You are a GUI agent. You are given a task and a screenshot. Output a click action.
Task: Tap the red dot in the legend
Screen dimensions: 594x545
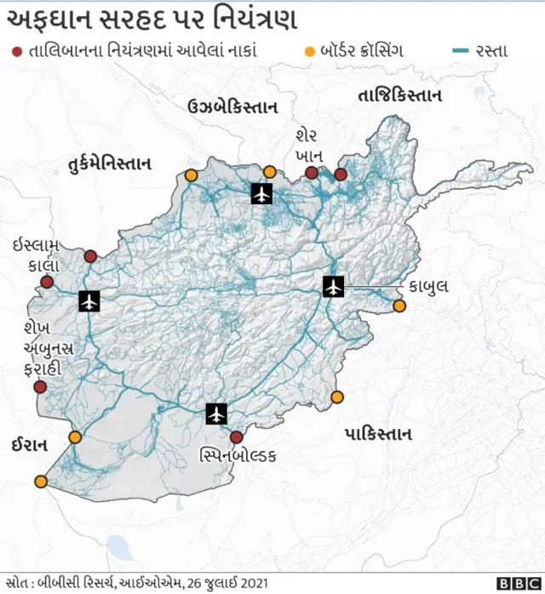pos(16,51)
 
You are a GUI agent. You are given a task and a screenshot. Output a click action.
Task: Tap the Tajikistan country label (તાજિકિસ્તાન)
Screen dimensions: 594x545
pos(401,95)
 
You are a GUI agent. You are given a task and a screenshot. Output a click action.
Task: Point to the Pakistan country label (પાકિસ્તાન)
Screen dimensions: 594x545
pos(379,434)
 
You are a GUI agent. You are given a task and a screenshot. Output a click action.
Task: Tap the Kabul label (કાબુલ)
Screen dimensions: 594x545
pos(427,286)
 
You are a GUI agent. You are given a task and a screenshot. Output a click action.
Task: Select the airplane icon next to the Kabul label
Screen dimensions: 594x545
pos(333,287)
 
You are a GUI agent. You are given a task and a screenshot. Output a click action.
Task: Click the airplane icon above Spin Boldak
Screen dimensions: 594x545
pos(217,414)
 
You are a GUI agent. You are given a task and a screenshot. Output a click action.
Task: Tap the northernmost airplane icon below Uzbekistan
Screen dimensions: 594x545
pos(261,194)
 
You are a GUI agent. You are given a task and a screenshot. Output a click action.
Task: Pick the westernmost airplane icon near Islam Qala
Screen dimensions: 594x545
pos(89,300)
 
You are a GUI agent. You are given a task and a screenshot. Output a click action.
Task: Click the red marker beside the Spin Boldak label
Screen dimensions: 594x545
pos(236,437)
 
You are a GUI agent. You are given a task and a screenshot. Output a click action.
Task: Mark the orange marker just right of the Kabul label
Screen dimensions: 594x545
pos(399,305)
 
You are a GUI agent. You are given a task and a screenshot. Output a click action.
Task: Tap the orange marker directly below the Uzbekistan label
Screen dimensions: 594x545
pos(270,171)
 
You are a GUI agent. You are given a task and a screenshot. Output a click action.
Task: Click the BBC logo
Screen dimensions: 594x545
pos(514,583)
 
